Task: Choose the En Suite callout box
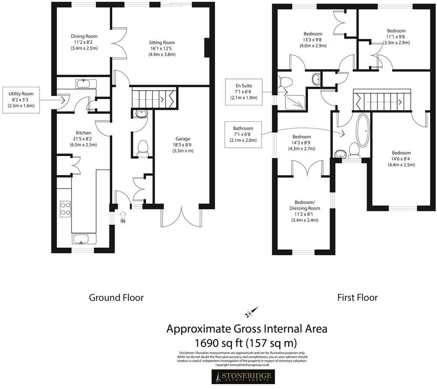coord(244,92)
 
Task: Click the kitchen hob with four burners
coord(65,209)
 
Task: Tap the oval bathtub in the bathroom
coord(362,129)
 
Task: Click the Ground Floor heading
coord(116,297)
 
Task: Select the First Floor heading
coord(357,297)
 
